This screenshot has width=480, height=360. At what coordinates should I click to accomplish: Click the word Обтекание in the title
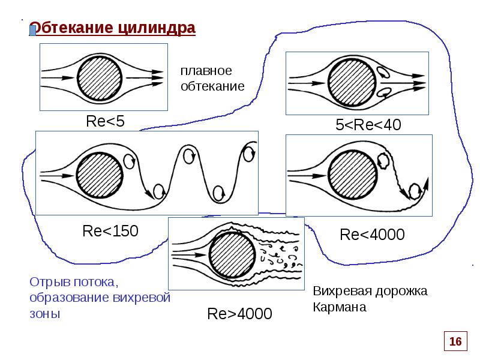[71, 28]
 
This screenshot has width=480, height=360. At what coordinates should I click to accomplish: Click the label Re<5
[105, 121]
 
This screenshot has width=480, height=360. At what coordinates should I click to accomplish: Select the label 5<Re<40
[367, 125]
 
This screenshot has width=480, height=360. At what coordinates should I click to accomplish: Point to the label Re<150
[110, 230]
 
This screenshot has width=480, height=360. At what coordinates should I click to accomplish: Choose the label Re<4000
[372, 234]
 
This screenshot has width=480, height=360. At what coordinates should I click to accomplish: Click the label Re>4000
[239, 313]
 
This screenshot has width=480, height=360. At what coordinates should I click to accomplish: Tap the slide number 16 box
[455, 341]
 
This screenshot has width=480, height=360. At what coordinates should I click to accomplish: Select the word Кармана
[339, 307]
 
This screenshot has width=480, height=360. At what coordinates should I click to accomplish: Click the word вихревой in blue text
[143, 298]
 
